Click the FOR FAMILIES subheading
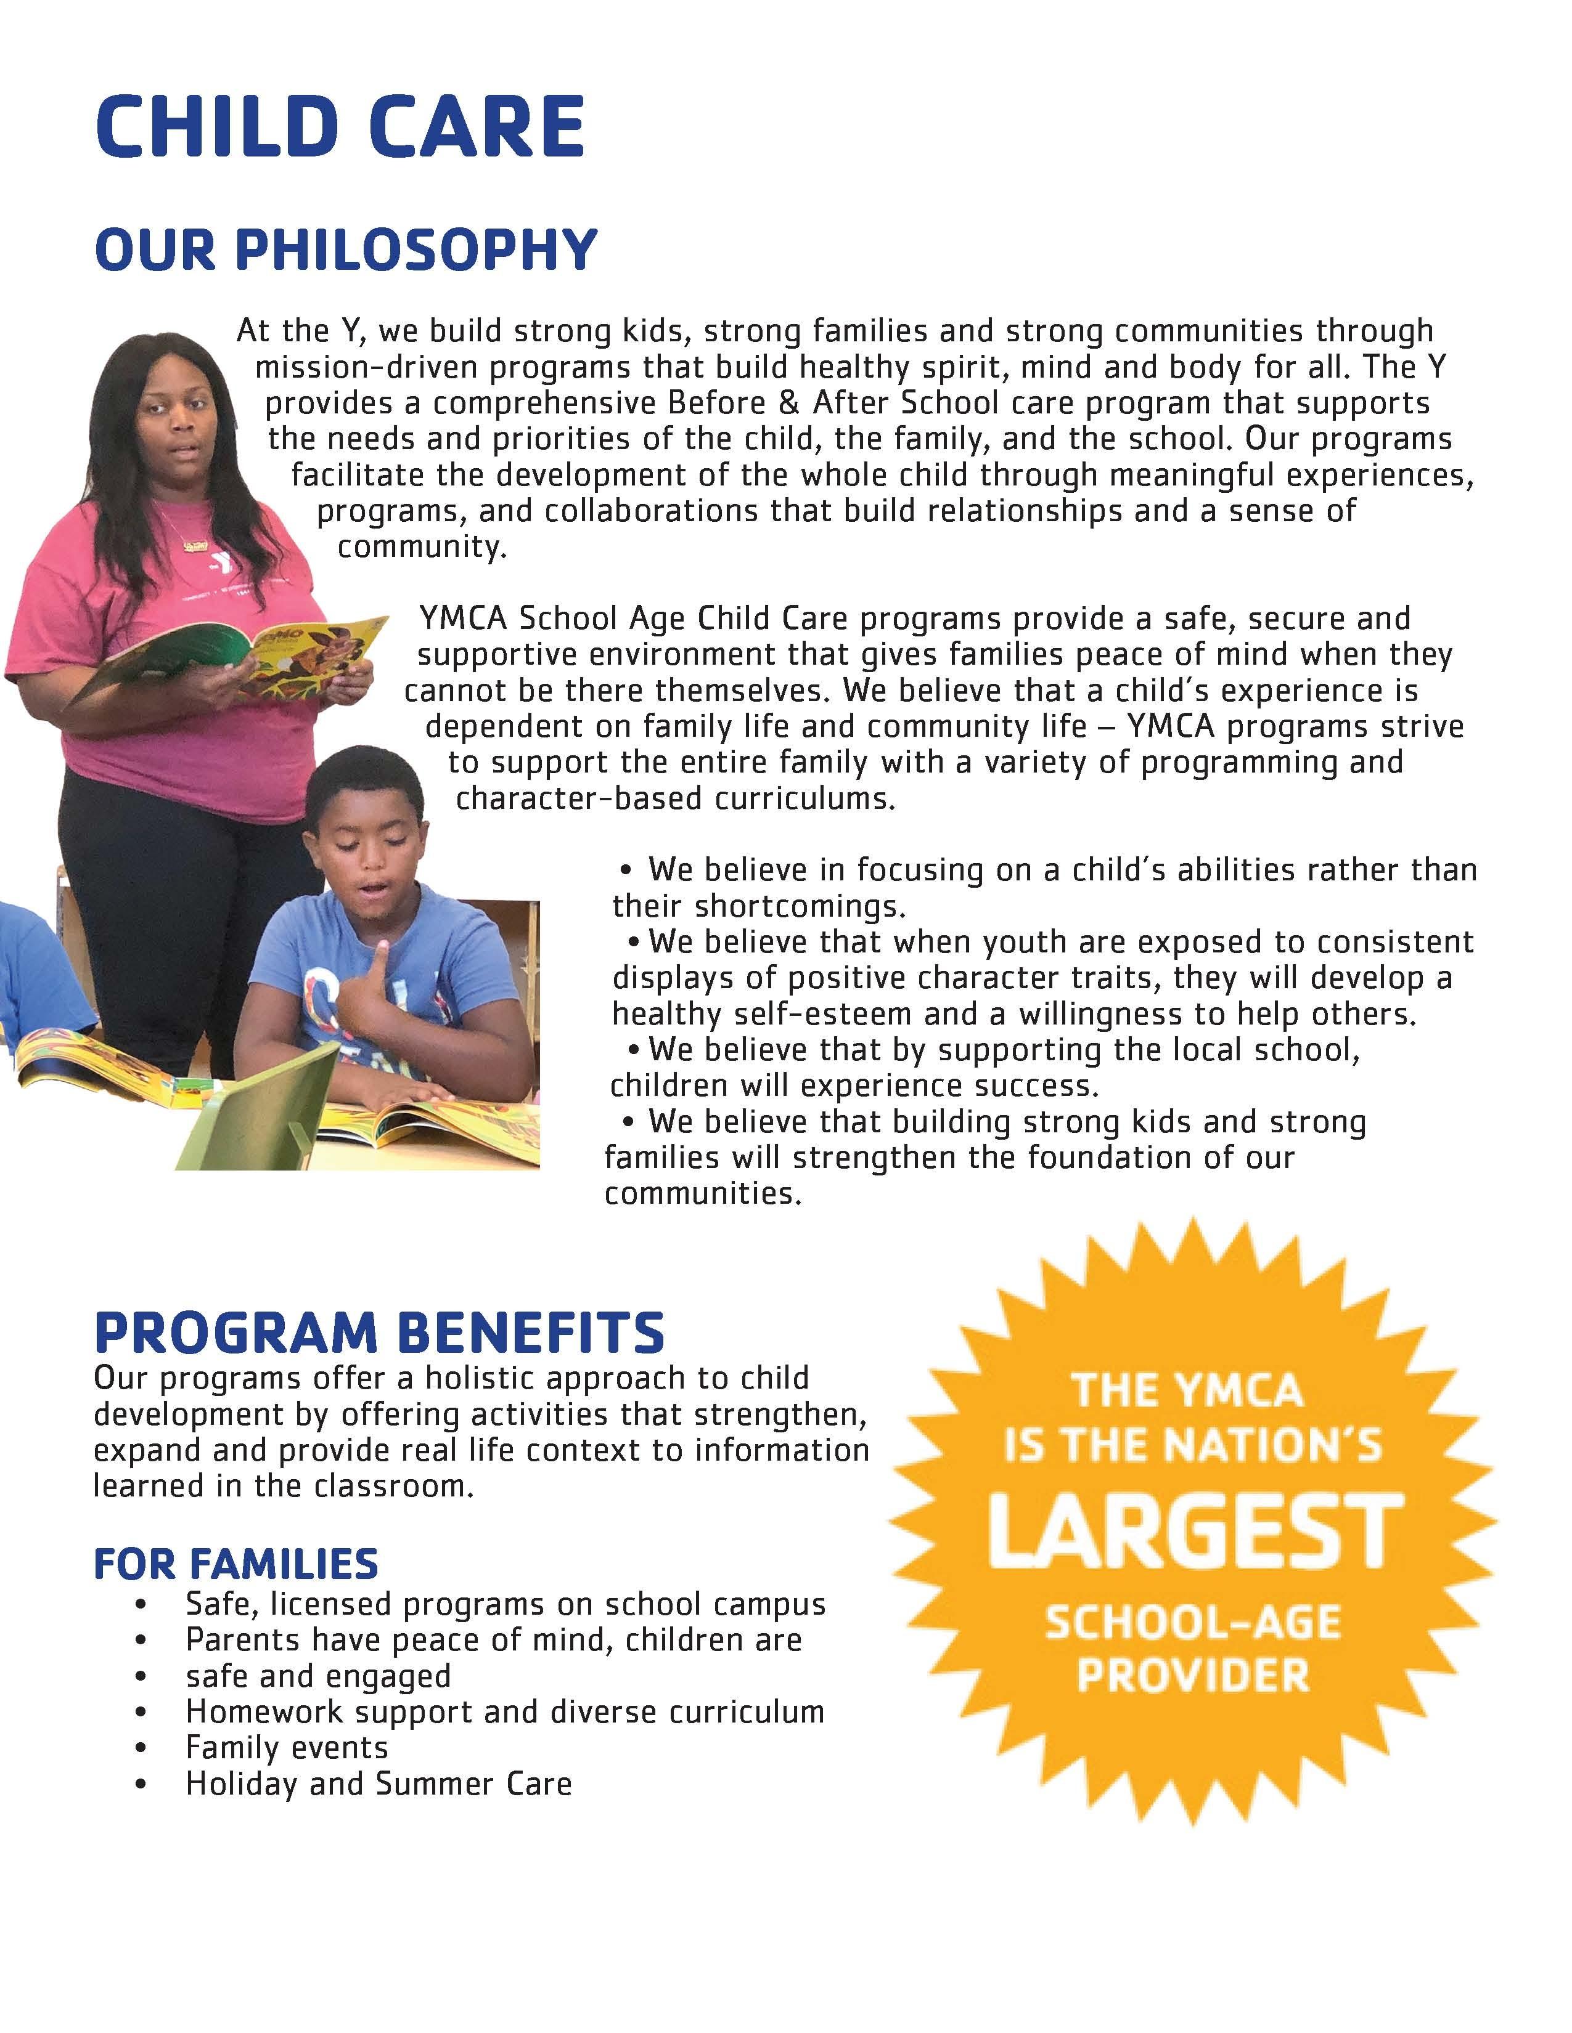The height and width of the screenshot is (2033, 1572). pos(235,1563)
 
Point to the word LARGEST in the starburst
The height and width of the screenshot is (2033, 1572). pos(1195,1532)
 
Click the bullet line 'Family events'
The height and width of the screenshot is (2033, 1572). pos(287,1747)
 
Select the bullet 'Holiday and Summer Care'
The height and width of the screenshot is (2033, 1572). pos(378,1783)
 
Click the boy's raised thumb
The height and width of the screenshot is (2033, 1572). pos(381,955)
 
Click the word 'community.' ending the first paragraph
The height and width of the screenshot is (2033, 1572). pos(422,546)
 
